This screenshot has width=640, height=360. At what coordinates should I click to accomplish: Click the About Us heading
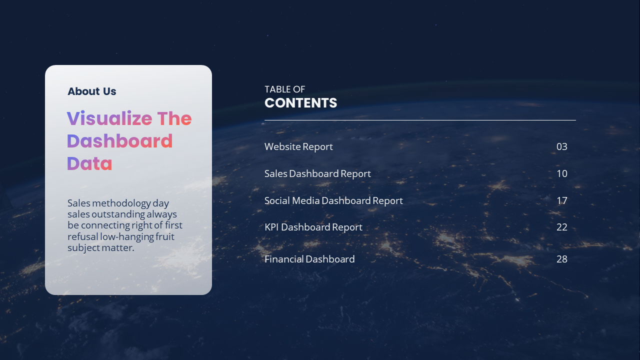pos(92,91)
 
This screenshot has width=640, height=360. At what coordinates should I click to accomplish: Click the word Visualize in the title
pos(109,118)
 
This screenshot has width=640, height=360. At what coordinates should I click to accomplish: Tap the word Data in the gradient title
pos(89,163)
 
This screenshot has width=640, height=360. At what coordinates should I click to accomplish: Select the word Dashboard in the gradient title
pos(120,141)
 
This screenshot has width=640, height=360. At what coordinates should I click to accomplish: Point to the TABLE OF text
pos(284,89)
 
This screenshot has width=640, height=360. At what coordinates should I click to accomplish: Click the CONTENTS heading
pos(300,103)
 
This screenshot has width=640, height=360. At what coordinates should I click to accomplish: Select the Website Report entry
pos(298,146)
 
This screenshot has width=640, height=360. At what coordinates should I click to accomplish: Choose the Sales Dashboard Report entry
pos(317,173)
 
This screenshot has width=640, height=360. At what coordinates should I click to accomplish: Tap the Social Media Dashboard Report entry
pos(333,200)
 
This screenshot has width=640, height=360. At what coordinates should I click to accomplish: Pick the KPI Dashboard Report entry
pos(313,227)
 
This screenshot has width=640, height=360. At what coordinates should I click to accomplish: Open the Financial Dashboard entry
pos(309,259)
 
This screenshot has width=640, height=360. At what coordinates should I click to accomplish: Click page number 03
pos(562,146)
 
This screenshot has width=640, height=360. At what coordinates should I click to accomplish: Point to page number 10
pos(562,173)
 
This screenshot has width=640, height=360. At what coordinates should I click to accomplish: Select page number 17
pos(562,200)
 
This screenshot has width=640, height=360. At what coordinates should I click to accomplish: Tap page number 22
pos(562,227)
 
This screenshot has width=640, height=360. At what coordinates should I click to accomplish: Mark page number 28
pos(562,259)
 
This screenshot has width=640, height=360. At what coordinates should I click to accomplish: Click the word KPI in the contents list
pos(271,227)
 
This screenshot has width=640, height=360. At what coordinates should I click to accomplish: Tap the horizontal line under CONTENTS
pos(420,120)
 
